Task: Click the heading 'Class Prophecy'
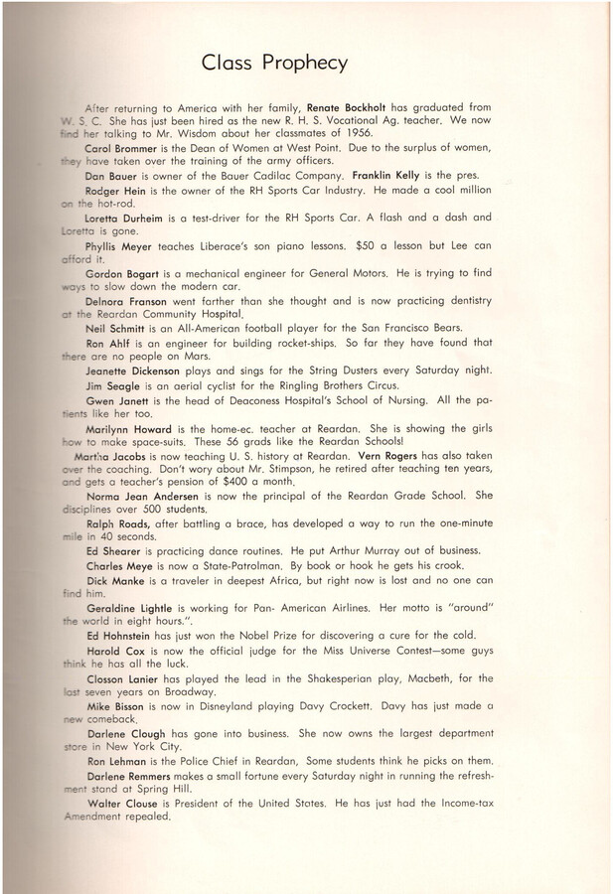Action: [x=274, y=63]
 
